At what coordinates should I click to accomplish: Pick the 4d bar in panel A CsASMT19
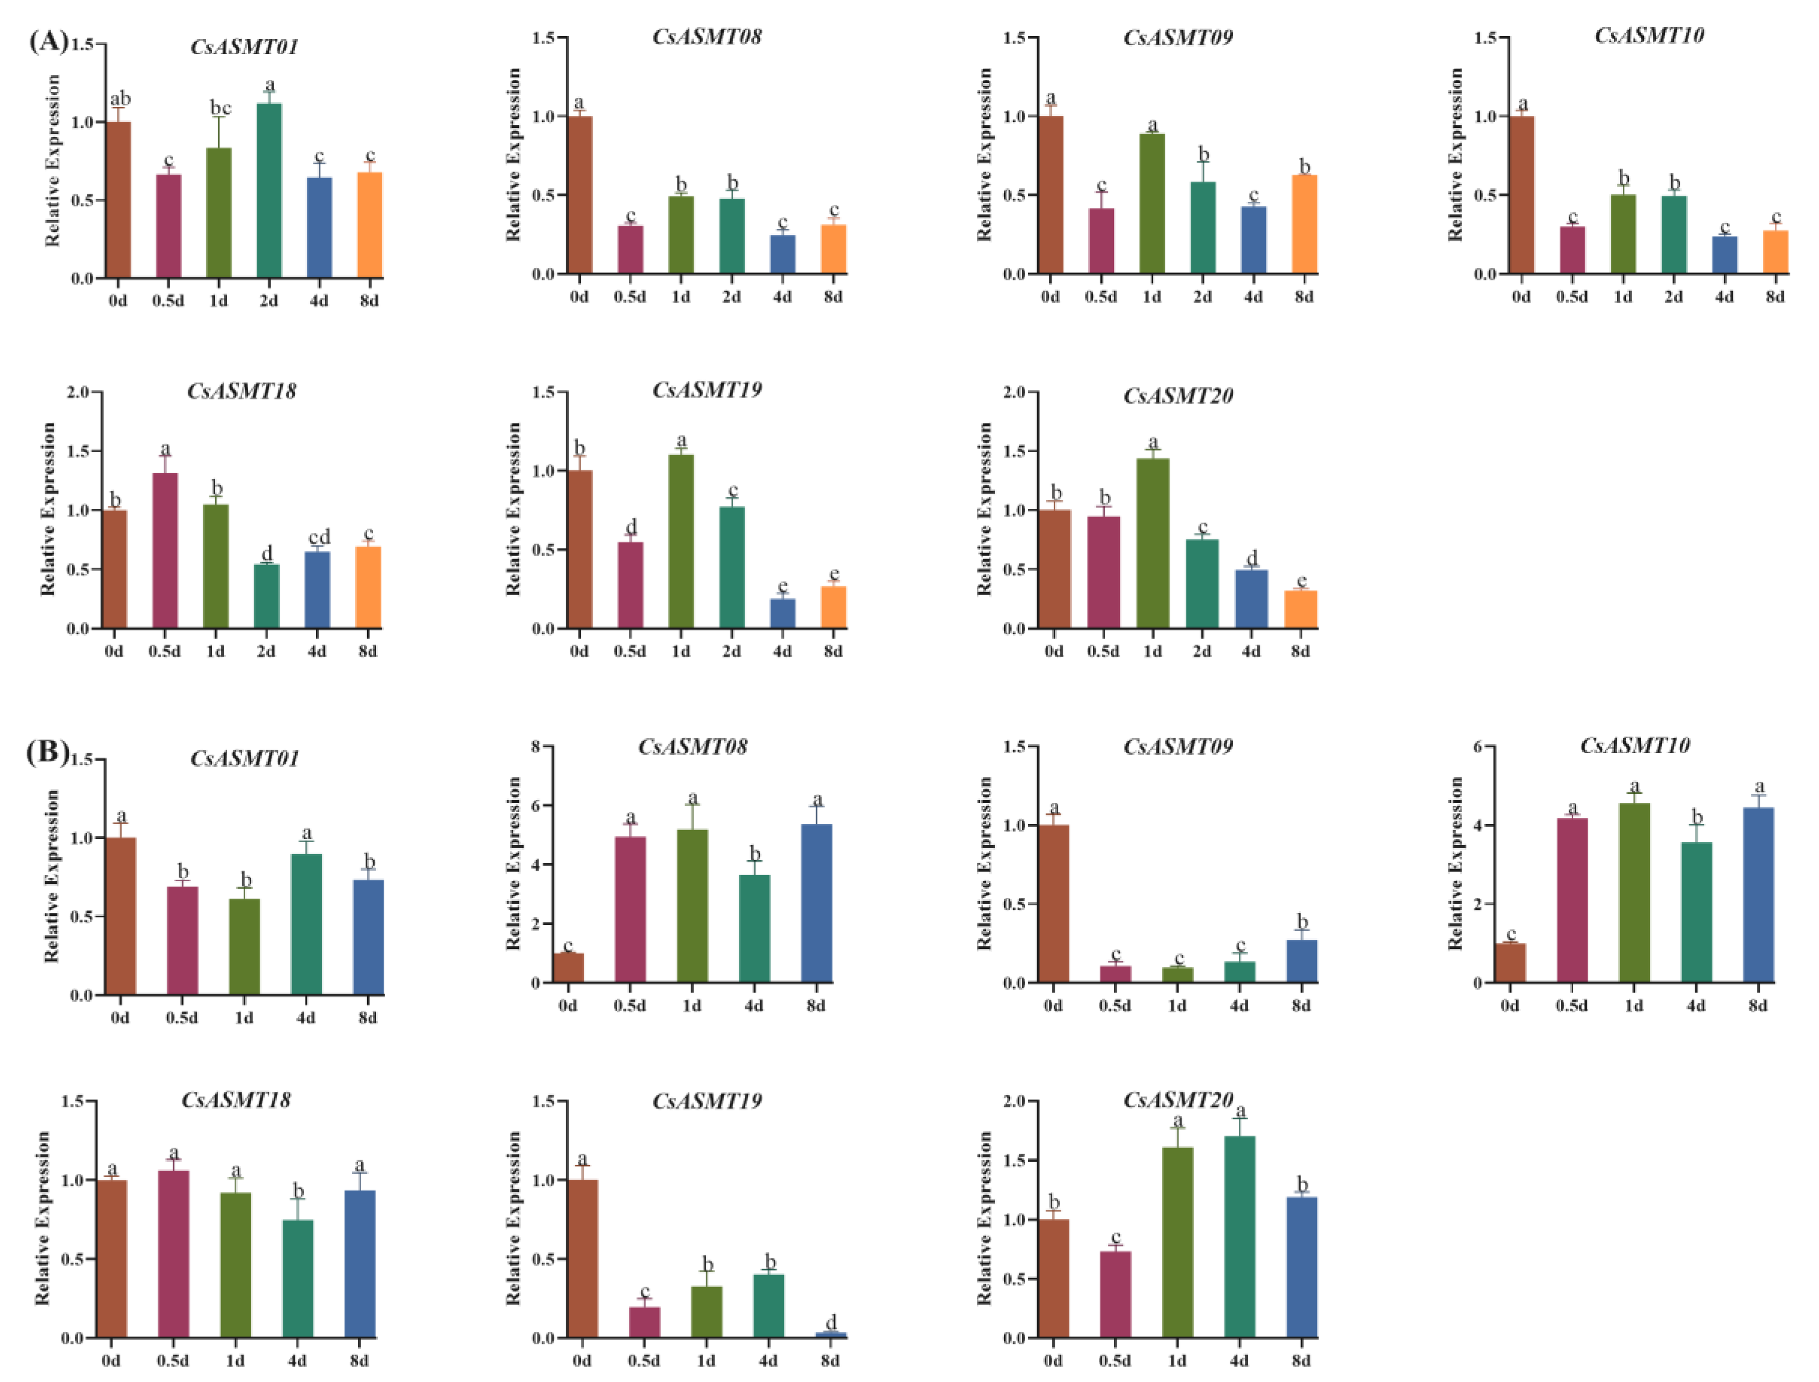[x=782, y=614]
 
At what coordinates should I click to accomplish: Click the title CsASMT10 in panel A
[x=1649, y=35]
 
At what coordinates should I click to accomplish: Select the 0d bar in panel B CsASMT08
[x=568, y=968]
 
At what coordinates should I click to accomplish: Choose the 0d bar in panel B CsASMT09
[x=1053, y=904]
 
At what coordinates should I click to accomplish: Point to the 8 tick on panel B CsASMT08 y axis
[x=535, y=747]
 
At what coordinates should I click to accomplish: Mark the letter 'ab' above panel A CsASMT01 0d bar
[x=120, y=99]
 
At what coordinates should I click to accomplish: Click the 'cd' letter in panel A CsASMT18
[x=319, y=537]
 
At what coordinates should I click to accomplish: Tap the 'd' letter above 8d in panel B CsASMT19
[x=831, y=1322]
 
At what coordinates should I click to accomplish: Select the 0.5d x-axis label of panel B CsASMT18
[x=173, y=1360]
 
